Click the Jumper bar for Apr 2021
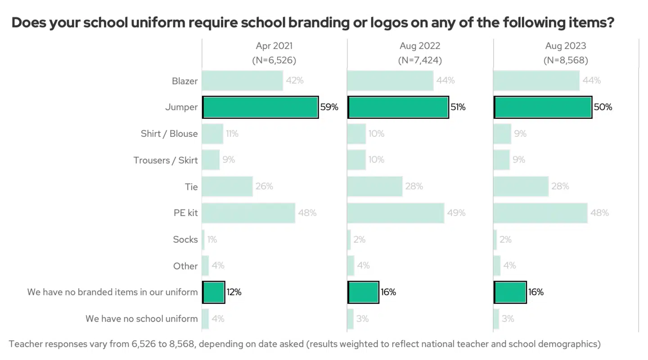point(260,107)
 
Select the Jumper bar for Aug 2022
point(398,107)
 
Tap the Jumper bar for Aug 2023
point(543,107)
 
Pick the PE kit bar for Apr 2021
point(248,213)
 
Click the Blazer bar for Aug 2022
point(390,81)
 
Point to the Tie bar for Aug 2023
point(521,186)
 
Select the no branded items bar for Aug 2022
point(363,292)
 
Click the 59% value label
point(329,107)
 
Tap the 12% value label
point(234,292)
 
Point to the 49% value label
point(456,213)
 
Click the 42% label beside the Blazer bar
point(295,81)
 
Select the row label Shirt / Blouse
point(169,134)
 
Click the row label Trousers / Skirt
point(166,160)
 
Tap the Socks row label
point(185,239)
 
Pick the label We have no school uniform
point(142,319)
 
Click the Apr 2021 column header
point(274,46)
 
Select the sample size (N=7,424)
point(420,60)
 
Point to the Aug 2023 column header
point(566,46)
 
